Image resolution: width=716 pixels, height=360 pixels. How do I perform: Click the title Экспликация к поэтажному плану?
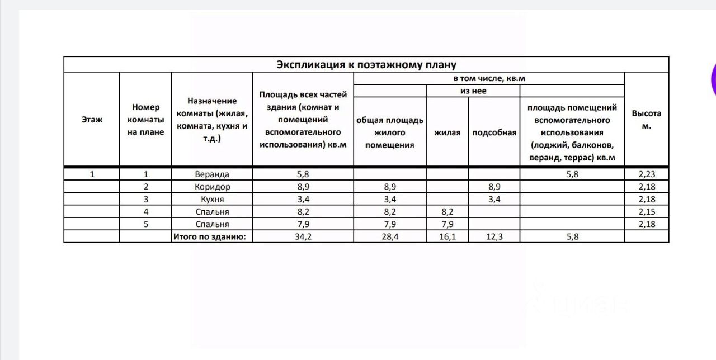(x=366, y=64)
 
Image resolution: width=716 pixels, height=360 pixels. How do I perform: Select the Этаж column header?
(x=92, y=120)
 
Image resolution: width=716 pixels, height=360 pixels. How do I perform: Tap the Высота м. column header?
(x=646, y=120)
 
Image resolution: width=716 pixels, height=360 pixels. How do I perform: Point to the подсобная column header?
(x=494, y=132)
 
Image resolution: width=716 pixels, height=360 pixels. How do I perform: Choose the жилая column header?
(x=447, y=132)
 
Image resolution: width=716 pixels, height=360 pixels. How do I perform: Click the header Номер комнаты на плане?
(x=145, y=120)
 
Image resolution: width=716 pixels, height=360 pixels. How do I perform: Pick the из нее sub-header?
(x=473, y=91)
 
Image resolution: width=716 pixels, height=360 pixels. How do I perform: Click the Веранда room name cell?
(x=212, y=174)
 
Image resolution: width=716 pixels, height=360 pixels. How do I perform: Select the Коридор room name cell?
(x=212, y=187)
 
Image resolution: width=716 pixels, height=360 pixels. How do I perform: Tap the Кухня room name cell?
(x=212, y=199)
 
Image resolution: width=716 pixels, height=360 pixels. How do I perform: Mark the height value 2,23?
(x=646, y=174)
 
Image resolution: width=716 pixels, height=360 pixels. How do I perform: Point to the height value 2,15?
(x=646, y=212)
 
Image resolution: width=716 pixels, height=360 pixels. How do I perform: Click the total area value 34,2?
(x=303, y=236)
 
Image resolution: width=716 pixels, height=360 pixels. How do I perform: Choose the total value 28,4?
(x=389, y=236)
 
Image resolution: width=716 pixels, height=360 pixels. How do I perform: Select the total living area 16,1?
(x=447, y=236)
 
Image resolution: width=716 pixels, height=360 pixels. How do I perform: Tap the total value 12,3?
(x=494, y=236)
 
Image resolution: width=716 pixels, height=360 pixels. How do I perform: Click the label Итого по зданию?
(x=213, y=236)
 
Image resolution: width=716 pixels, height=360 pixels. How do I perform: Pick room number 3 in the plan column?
(x=145, y=199)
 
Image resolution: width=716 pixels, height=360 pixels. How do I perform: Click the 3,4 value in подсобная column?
(x=494, y=199)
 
